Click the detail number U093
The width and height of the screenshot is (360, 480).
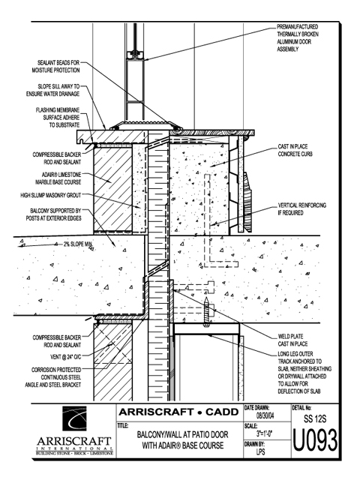(315, 440)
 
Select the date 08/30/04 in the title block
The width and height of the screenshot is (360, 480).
(265, 415)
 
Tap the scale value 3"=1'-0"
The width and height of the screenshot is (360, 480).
(265, 433)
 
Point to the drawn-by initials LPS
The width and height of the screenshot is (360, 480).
(260, 451)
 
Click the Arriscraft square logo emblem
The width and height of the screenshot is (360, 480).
(74, 418)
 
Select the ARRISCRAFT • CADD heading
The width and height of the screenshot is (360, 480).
(178, 412)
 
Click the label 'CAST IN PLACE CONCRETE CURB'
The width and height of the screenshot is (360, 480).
(295, 150)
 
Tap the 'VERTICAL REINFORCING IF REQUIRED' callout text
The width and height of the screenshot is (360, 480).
(301, 208)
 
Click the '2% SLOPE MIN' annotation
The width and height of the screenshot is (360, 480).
(77, 244)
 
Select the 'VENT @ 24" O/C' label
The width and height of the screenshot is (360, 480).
(65, 357)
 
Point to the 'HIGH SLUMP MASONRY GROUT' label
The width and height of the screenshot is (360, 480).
(51, 195)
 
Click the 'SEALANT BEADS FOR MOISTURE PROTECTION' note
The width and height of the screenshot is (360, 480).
(55, 67)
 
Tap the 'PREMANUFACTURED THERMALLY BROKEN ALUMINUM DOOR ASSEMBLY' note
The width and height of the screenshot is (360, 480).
(298, 38)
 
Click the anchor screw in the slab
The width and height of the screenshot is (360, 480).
(207, 311)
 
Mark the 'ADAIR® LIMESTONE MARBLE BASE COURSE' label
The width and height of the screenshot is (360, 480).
(58, 178)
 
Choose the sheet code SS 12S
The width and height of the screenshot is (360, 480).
(315, 418)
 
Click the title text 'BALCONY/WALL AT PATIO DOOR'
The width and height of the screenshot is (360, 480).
(182, 434)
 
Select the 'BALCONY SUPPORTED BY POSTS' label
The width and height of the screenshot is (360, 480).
(53, 214)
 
